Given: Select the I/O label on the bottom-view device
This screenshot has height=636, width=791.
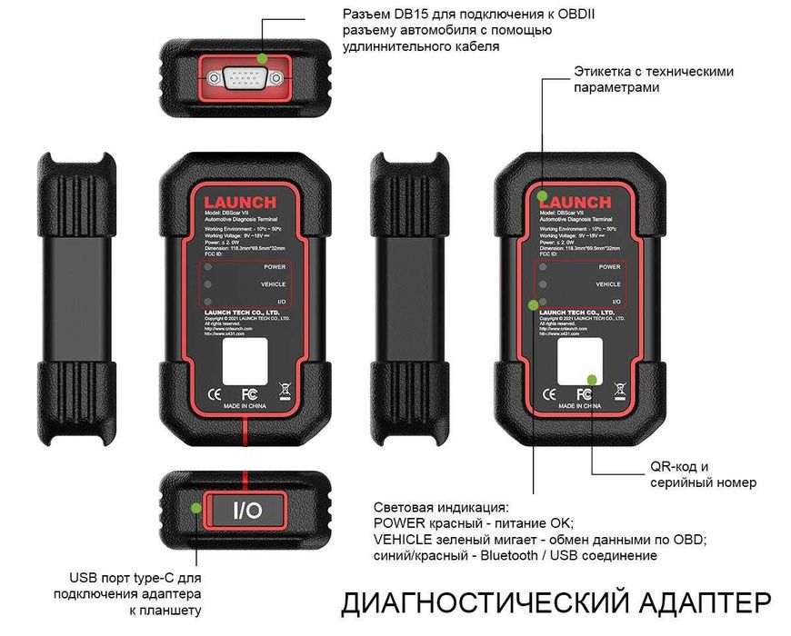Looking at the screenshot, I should (246, 511).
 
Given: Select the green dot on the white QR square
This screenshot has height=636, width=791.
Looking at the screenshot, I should (592, 378).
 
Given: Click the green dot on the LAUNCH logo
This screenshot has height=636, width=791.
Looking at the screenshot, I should (542, 195).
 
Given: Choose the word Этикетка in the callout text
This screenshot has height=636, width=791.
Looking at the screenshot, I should (606, 71).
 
